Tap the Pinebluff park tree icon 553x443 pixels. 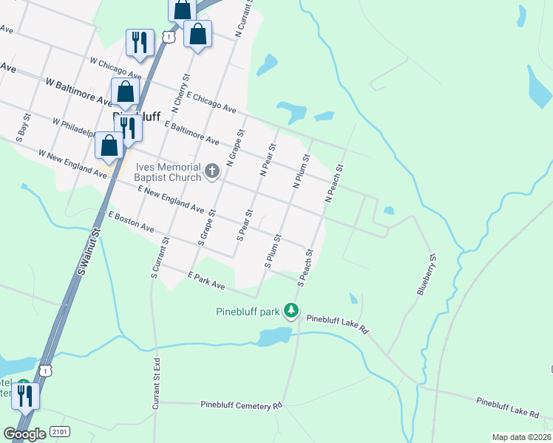[x=293, y=312]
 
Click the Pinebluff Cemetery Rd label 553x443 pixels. [x=242, y=405]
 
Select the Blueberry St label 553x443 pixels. [x=427, y=275]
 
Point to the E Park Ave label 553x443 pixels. [x=206, y=280]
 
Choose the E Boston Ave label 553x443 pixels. [x=131, y=222]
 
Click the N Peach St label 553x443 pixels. [x=335, y=184]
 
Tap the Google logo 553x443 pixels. [x=24, y=434]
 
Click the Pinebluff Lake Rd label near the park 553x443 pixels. [x=337, y=325]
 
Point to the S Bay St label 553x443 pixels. [x=22, y=126]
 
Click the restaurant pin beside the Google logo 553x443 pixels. [x=25, y=397]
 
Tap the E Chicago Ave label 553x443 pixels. [x=211, y=103]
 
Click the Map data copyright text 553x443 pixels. [x=521, y=437]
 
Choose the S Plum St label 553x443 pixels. [x=272, y=251]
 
